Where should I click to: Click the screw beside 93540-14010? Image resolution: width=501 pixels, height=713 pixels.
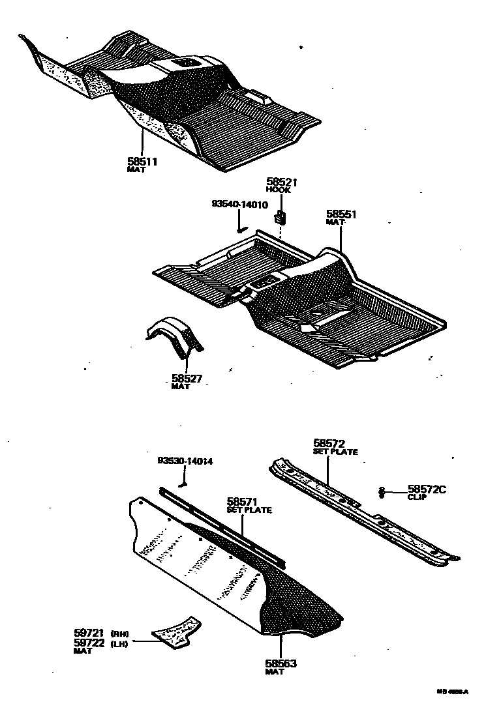(241, 227)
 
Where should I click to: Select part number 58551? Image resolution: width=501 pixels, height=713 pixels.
(341, 214)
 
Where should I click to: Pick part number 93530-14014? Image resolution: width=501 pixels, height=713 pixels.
(185, 461)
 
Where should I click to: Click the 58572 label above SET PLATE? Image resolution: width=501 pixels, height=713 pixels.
(329, 443)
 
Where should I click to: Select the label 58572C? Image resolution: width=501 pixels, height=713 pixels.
(427, 489)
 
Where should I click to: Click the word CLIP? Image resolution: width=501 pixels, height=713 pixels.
(417, 497)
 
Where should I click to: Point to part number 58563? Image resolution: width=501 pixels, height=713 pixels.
(281, 663)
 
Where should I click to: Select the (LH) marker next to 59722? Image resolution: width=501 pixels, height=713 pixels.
(119, 643)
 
